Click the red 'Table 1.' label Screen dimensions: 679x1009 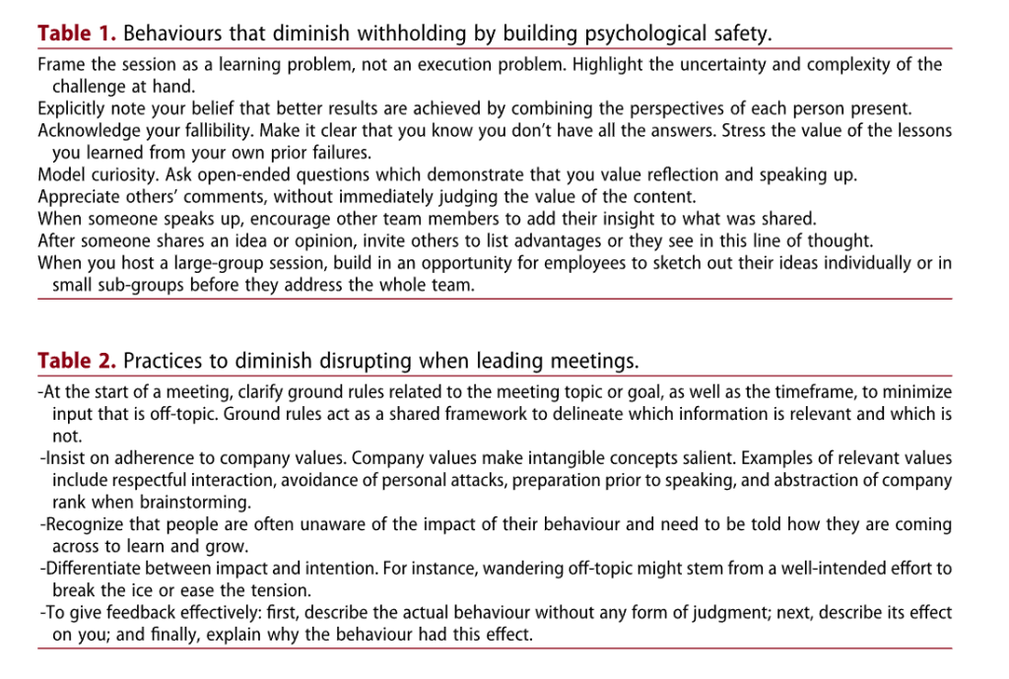point(77,34)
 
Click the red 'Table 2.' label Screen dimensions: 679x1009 point(77,361)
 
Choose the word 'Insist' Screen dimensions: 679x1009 point(69,458)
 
